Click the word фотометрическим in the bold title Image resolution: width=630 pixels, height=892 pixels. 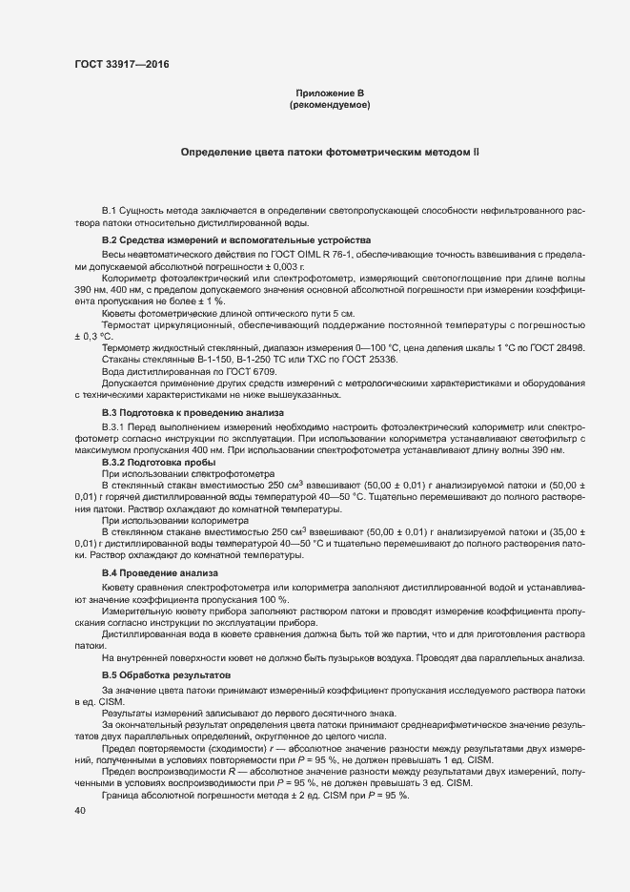click(373, 152)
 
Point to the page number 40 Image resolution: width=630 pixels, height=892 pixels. click(80, 811)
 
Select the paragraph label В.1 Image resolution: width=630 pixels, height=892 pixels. click(109, 209)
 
